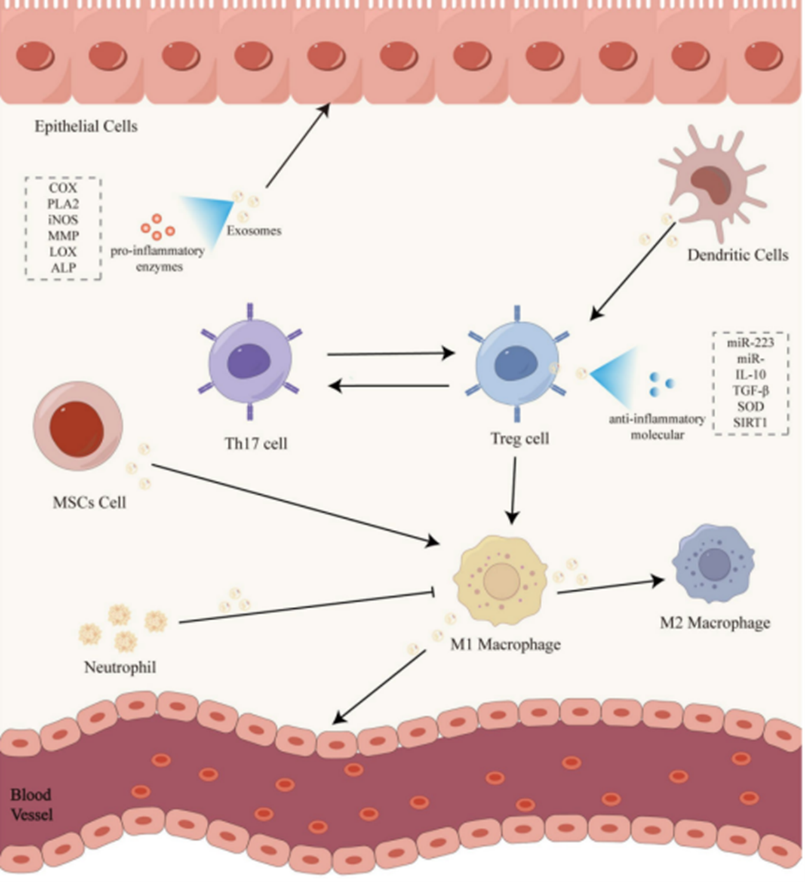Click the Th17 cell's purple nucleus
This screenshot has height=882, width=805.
[249, 364]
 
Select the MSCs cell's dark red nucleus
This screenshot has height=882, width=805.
[77, 428]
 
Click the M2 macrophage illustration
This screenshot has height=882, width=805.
[713, 564]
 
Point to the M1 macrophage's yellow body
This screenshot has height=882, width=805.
[501, 580]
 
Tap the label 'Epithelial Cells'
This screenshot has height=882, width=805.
[86, 127]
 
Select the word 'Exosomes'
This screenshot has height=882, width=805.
[254, 231]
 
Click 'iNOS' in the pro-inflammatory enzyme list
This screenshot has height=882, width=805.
[63, 220]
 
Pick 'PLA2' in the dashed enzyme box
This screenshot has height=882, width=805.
[63, 204]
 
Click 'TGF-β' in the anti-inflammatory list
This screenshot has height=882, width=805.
[750, 390]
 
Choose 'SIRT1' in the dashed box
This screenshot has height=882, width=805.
[750, 422]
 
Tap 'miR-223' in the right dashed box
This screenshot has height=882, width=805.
[750, 343]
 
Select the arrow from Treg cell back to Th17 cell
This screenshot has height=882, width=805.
[388, 386]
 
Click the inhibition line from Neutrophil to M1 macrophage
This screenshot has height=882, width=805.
[307, 607]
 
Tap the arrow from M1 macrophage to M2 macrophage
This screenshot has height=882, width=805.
[611, 587]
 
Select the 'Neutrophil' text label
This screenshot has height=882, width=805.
[120, 667]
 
